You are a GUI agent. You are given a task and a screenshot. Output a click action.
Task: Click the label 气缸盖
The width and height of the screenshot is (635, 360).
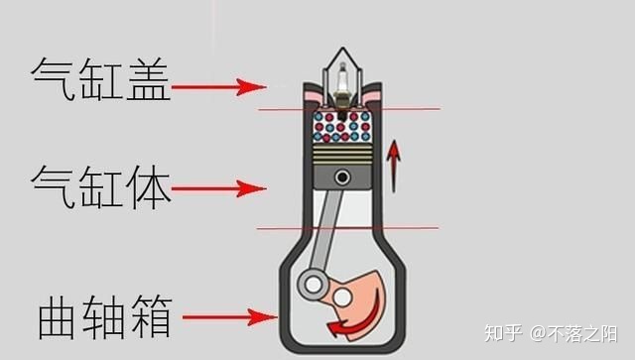click(x=100, y=79)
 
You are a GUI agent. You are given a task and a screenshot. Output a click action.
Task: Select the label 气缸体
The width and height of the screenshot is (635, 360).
click(x=100, y=186)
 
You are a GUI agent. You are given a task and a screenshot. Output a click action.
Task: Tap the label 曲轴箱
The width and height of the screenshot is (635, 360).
click(x=105, y=317)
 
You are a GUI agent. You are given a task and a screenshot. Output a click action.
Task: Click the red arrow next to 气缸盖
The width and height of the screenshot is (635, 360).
click(x=218, y=86)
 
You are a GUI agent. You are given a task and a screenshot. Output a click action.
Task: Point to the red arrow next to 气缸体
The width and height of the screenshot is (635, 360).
click(x=218, y=188)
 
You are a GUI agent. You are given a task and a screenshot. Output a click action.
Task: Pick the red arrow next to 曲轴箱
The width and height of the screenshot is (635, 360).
click(x=229, y=317)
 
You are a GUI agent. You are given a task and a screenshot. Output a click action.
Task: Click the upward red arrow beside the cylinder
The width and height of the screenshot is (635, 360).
click(x=393, y=166)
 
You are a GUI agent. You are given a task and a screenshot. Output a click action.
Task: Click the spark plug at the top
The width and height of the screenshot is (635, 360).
click(x=342, y=88)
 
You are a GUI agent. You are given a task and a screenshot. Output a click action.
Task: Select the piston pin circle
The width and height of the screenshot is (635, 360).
click(x=342, y=177)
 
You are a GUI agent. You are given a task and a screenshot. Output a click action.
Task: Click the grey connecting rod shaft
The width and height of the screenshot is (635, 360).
click(x=326, y=231)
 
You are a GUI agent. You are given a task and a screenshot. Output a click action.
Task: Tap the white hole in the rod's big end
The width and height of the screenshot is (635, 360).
click(x=314, y=285)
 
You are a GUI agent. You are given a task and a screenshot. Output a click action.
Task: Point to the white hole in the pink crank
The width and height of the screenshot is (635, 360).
click(x=342, y=299)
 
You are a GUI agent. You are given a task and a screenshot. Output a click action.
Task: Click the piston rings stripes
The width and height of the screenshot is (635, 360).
click(x=342, y=155)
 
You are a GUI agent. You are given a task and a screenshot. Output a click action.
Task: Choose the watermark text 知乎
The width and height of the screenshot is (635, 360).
click(x=503, y=333)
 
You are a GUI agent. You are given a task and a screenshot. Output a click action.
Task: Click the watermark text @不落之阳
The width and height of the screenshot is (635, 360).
click(x=573, y=333)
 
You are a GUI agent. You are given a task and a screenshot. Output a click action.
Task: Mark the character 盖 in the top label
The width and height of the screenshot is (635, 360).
click(x=148, y=79)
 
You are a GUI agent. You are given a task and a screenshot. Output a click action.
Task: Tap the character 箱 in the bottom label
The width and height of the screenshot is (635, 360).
click(x=152, y=317)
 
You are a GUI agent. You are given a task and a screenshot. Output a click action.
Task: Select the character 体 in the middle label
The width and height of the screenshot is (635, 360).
click(x=148, y=186)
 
